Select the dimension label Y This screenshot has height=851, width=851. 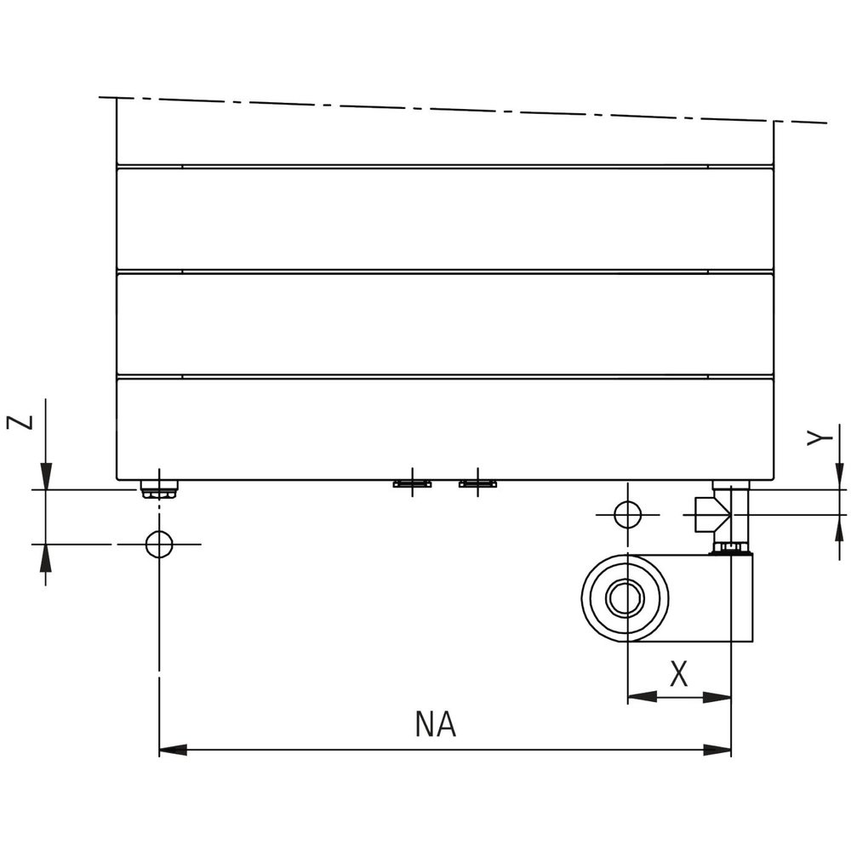818,437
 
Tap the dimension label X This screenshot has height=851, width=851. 678,674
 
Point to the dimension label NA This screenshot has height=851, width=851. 436,725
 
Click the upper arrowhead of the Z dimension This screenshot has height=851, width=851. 46,476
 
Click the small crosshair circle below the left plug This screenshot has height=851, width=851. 159,543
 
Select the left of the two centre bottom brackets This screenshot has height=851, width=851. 412,483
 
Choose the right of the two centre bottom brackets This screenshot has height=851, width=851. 477,483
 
